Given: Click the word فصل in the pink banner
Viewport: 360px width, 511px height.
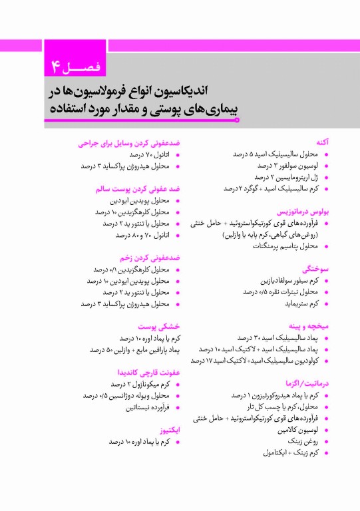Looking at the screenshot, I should pos(87,67).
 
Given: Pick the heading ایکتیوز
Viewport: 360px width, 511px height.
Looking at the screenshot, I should pos(170,430).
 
